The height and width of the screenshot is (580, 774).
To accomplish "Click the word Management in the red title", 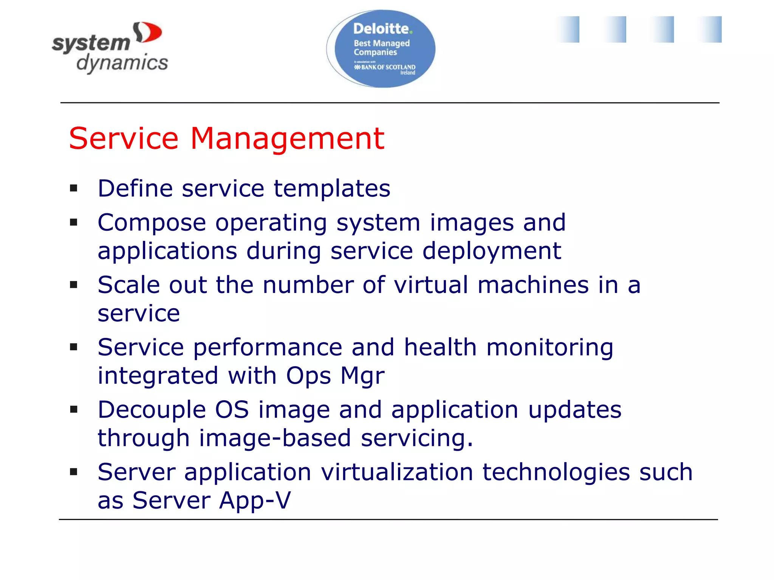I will (x=287, y=139).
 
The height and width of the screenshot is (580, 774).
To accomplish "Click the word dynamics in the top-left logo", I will (x=122, y=63).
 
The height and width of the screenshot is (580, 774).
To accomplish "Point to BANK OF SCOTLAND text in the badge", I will (x=388, y=67).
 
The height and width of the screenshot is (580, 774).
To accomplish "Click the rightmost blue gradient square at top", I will (x=709, y=29).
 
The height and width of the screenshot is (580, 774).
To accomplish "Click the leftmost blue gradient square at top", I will (x=568, y=29).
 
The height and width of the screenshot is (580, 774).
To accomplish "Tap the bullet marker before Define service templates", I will (x=74, y=188).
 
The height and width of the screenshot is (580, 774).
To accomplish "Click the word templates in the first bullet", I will (x=332, y=188).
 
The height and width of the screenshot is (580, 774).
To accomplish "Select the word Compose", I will (x=152, y=223).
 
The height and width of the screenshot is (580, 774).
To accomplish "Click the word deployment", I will (x=491, y=251).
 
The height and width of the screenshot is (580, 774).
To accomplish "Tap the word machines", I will (x=533, y=285).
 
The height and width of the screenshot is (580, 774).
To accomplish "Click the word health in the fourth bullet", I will (x=440, y=347).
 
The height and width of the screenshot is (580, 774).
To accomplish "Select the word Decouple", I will (x=152, y=410).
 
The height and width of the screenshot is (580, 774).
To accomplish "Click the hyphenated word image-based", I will (x=275, y=438).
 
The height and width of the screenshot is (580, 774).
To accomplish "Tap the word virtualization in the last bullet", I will (x=397, y=472).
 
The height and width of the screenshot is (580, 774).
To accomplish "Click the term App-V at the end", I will (x=255, y=500).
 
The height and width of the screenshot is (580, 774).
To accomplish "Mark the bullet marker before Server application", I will (x=74, y=472).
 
